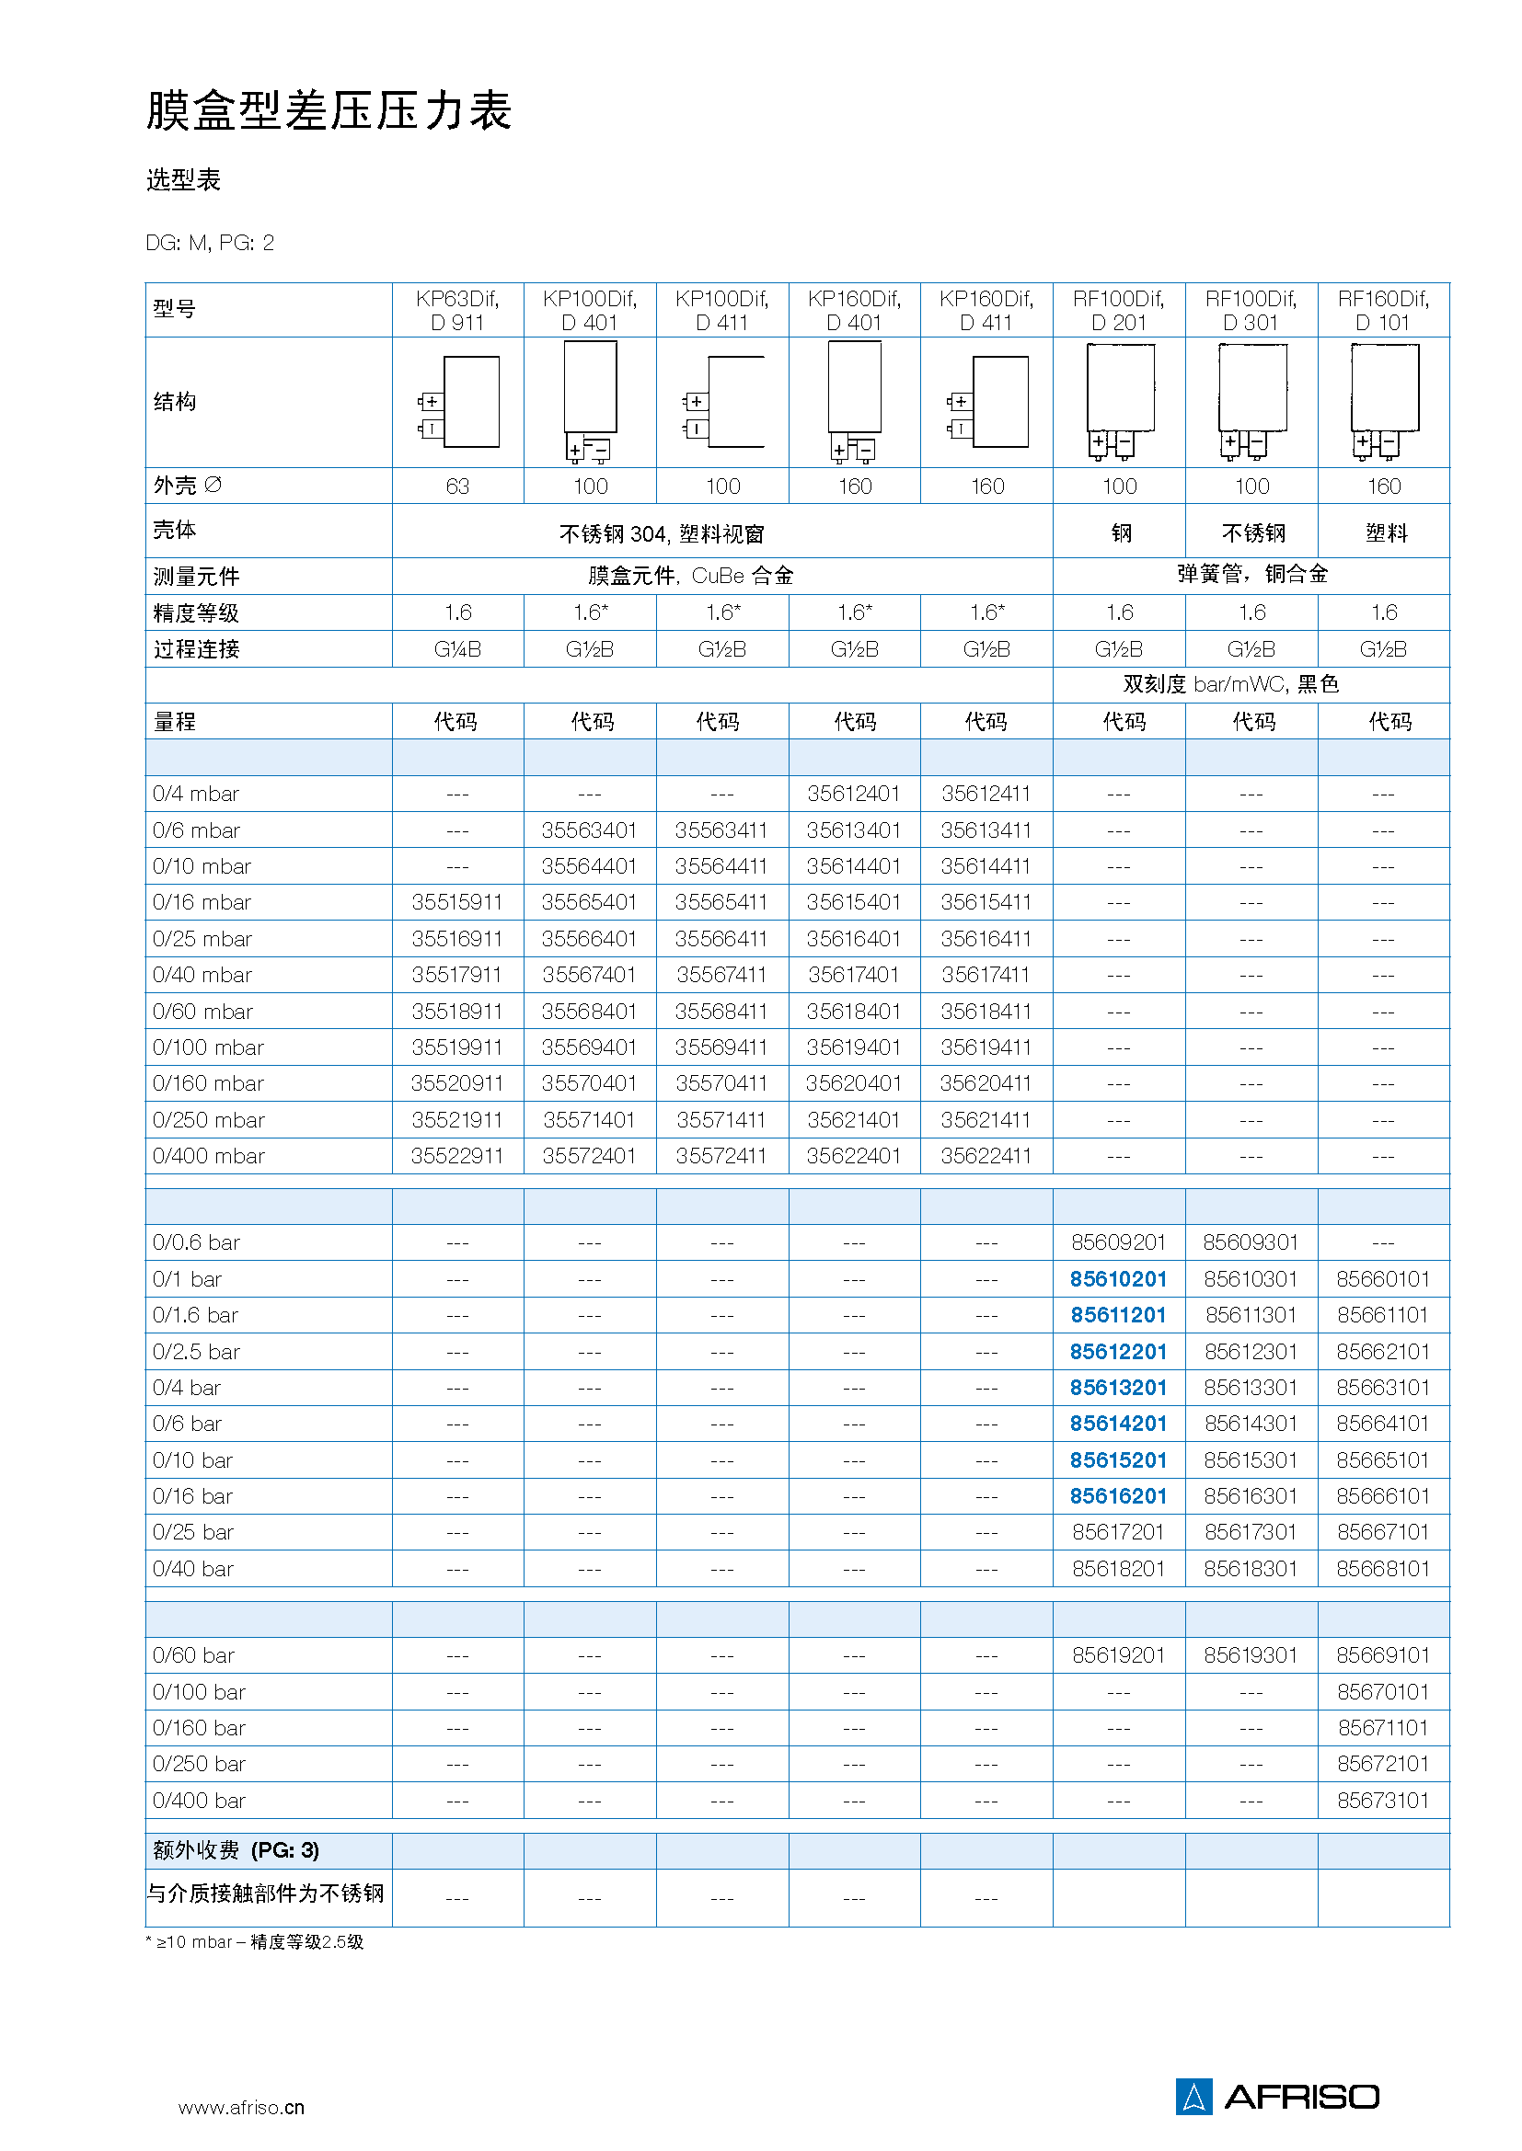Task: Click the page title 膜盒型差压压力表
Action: [x=328, y=110]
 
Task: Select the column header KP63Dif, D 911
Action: [x=457, y=310]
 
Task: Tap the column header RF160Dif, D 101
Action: [x=1383, y=310]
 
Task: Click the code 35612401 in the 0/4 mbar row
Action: [x=854, y=794]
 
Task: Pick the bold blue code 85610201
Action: [x=1118, y=1279]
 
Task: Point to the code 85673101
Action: [x=1382, y=1800]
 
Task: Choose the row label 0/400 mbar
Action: [x=209, y=1156]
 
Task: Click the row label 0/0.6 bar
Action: [x=197, y=1242]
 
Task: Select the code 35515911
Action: [x=457, y=902]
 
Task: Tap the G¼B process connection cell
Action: [x=457, y=649]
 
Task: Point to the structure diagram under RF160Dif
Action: [x=1384, y=403]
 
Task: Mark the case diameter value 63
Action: [x=457, y=486]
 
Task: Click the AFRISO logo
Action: [x=1278, y=2097]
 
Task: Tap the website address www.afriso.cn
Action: [x=241, y=2108]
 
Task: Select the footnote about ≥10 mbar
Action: [x=255, y=1942]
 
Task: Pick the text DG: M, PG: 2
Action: [x=210, y=244]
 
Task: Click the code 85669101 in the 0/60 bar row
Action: [x=1382, y=1655]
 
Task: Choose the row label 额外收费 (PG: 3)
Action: [x=236, y=1850]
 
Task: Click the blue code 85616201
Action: [x=1118, y=1496]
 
